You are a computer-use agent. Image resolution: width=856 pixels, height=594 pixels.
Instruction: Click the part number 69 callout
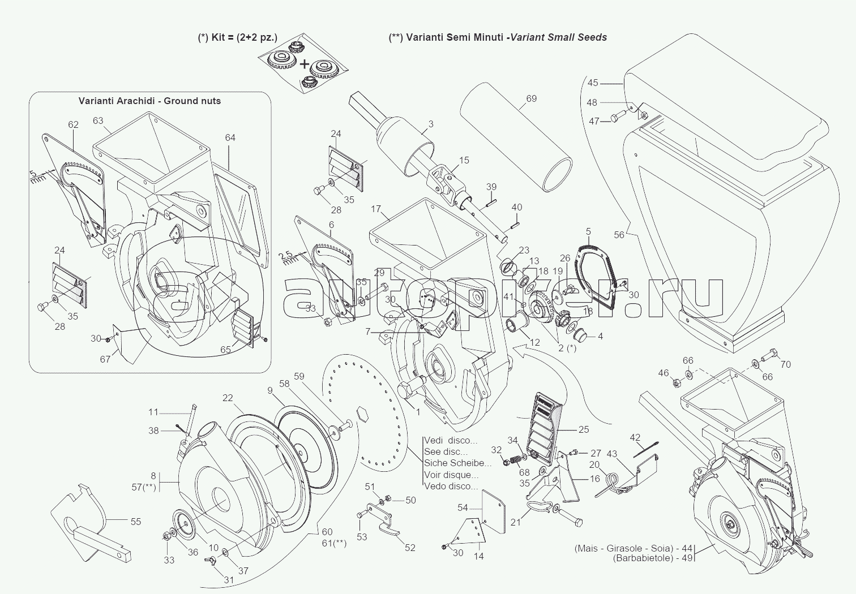531,99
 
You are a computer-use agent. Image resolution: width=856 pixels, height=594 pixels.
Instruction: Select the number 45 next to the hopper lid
592,83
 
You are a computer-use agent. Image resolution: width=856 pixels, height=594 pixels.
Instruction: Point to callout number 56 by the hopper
619,235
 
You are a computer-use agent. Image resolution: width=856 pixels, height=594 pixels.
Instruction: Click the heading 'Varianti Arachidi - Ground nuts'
149,101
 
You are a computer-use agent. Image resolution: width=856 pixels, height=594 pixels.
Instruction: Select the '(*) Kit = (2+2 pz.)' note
238,37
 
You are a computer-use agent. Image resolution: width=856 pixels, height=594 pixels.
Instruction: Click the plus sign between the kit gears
304,64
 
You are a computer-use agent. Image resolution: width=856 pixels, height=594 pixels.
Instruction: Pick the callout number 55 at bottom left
135,522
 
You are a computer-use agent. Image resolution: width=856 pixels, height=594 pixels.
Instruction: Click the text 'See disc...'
446,452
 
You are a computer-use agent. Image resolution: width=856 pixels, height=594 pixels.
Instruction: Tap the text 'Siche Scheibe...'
457,463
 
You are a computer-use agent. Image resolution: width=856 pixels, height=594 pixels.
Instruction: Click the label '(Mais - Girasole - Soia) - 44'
633,548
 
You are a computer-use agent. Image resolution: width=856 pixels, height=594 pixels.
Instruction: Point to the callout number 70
785,365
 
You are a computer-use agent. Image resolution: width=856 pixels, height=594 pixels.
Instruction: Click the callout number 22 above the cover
227,398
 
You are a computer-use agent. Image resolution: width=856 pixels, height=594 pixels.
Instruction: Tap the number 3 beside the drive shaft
430,124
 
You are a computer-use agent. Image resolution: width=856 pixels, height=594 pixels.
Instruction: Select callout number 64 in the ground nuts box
230,137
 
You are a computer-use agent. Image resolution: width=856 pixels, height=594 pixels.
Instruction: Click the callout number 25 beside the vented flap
584,430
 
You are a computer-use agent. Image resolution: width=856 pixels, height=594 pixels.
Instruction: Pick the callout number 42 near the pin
635,437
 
